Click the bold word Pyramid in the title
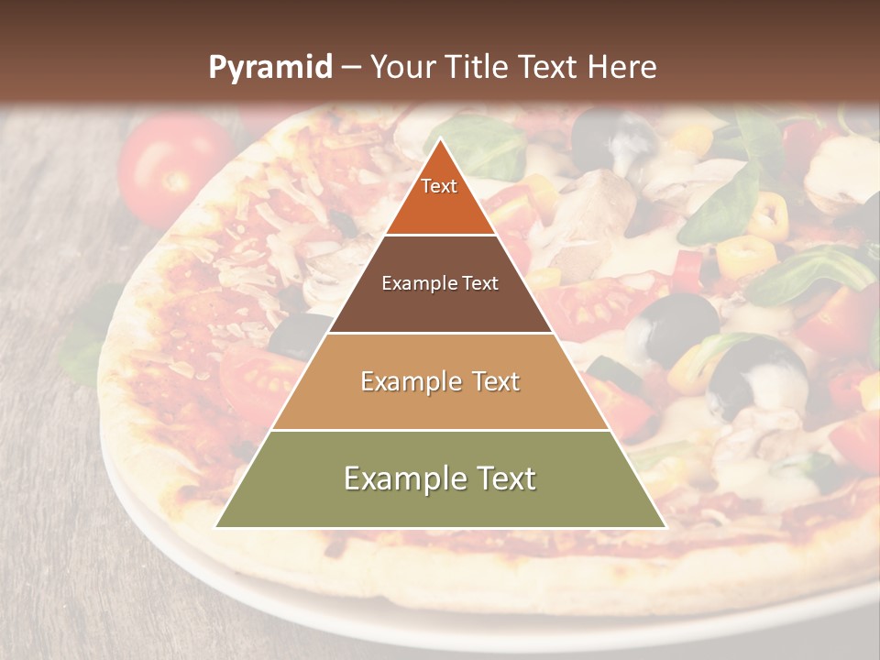pos(269,67)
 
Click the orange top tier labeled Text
pos(440,197)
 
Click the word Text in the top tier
pos(439,186)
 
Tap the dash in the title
pos(351,68)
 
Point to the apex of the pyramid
pos(440,140)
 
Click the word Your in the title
pos(401,67)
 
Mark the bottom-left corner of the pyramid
pos(216,527)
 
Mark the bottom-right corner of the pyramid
pos(665,527)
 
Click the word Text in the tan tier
pos(493,381)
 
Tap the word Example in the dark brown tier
pos(419,283)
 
